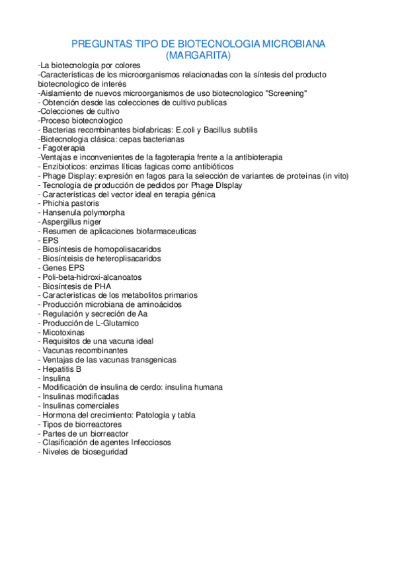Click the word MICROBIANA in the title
294,44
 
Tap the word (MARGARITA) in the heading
198,55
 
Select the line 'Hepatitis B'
60,369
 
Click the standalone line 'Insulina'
56,378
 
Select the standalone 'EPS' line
50,241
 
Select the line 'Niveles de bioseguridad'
83,452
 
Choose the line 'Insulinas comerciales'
80,406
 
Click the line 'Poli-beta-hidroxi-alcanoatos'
91,277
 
